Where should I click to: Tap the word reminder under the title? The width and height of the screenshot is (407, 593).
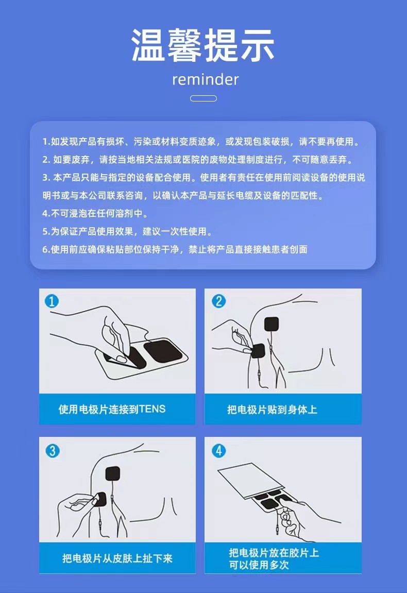tap(205, 79)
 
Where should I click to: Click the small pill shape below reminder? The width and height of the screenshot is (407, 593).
tap(203, 98)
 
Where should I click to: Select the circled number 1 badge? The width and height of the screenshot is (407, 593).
tap(52, 301)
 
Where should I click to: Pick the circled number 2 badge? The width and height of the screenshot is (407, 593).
tap(218, 301)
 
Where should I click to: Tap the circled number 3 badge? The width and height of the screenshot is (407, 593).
tap(52, 451)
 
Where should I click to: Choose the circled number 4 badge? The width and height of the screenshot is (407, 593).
tap(219, 451)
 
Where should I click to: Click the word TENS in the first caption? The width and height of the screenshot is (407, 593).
tap(152, 410)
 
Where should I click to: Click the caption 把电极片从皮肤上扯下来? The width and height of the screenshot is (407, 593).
tap(117, 558)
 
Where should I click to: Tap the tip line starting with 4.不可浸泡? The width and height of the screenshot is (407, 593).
tap(91, 213)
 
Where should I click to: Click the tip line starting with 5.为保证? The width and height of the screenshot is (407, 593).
tap(127, 231)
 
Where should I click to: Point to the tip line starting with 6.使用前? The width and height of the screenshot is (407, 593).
tap(175, 249)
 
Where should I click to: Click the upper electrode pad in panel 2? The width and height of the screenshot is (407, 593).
tap(272, 325)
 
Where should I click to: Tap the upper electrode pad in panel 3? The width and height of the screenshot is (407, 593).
tap(113, 475)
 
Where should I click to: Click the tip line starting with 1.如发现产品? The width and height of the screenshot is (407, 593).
tap(201, 141)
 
